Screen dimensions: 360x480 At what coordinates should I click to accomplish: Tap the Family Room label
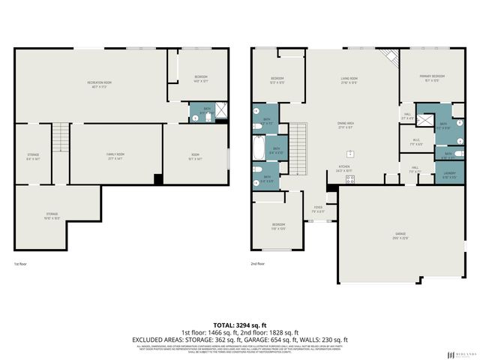pos(115,155)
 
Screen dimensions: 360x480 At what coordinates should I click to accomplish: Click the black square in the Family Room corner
pos(157,178)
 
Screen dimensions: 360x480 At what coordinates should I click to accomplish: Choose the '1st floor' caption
pos(20,264)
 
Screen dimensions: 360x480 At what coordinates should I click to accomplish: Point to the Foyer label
pos(318,208)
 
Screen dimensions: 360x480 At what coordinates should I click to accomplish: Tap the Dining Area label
pos(345,125)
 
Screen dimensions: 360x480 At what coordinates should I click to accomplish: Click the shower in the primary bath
pos(425,120)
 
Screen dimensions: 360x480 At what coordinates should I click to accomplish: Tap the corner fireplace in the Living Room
pos(389,57)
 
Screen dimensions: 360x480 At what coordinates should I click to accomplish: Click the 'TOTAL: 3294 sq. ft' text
pos(240,325)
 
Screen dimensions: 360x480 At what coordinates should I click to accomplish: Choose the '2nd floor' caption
pos(258,264)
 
